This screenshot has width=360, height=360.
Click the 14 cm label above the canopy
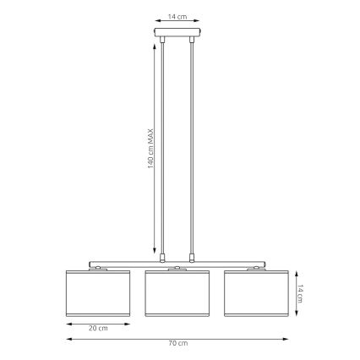pyautogui.click(x=177, y=16)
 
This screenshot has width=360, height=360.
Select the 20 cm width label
pyautogui.click(x=98, y=327)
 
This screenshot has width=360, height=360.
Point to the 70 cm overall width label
pyautogui.click(x=177, y=343)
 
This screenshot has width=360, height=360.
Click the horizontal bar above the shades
pyautogui.click(x=177, y=263)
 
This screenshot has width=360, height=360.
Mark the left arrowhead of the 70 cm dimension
pyautogui.click(x=68, y=338)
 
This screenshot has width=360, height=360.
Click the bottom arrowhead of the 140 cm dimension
pyautogui.click(x=155, y=257)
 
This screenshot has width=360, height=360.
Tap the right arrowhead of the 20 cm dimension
pyautogui.click(x=128, y=322)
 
